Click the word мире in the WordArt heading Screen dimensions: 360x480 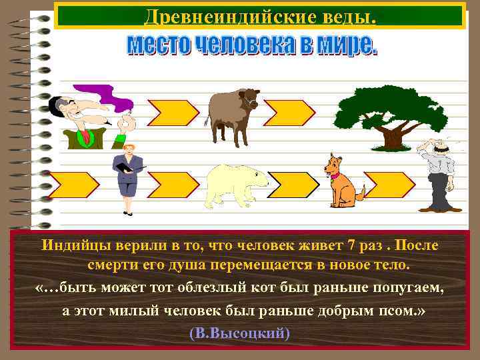pos(346,45)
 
